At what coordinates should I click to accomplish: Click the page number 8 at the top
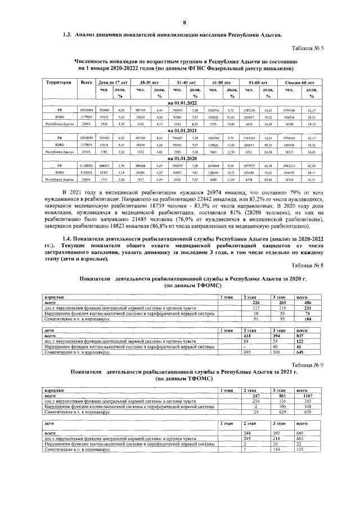pyautogui.click(x=184, y=22)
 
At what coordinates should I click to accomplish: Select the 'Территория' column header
pyautogui.click(x=59, y=83)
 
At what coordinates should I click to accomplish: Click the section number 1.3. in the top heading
pyautogui.click(x=68, y=34)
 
